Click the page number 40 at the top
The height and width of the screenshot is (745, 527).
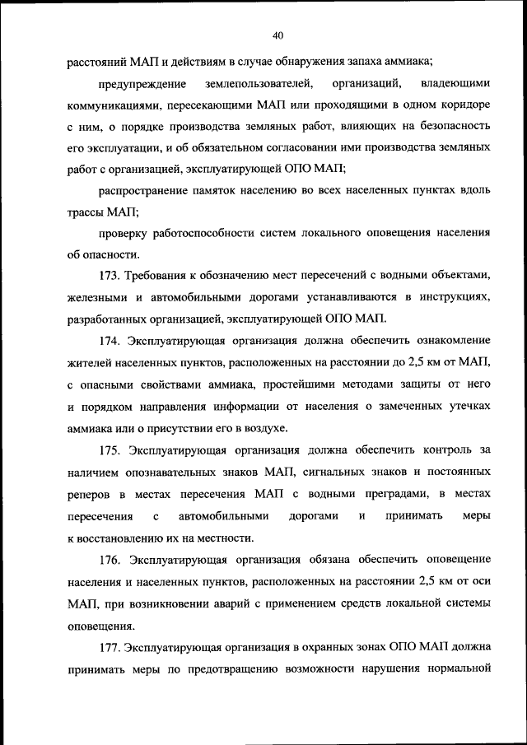pos(277,35)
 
